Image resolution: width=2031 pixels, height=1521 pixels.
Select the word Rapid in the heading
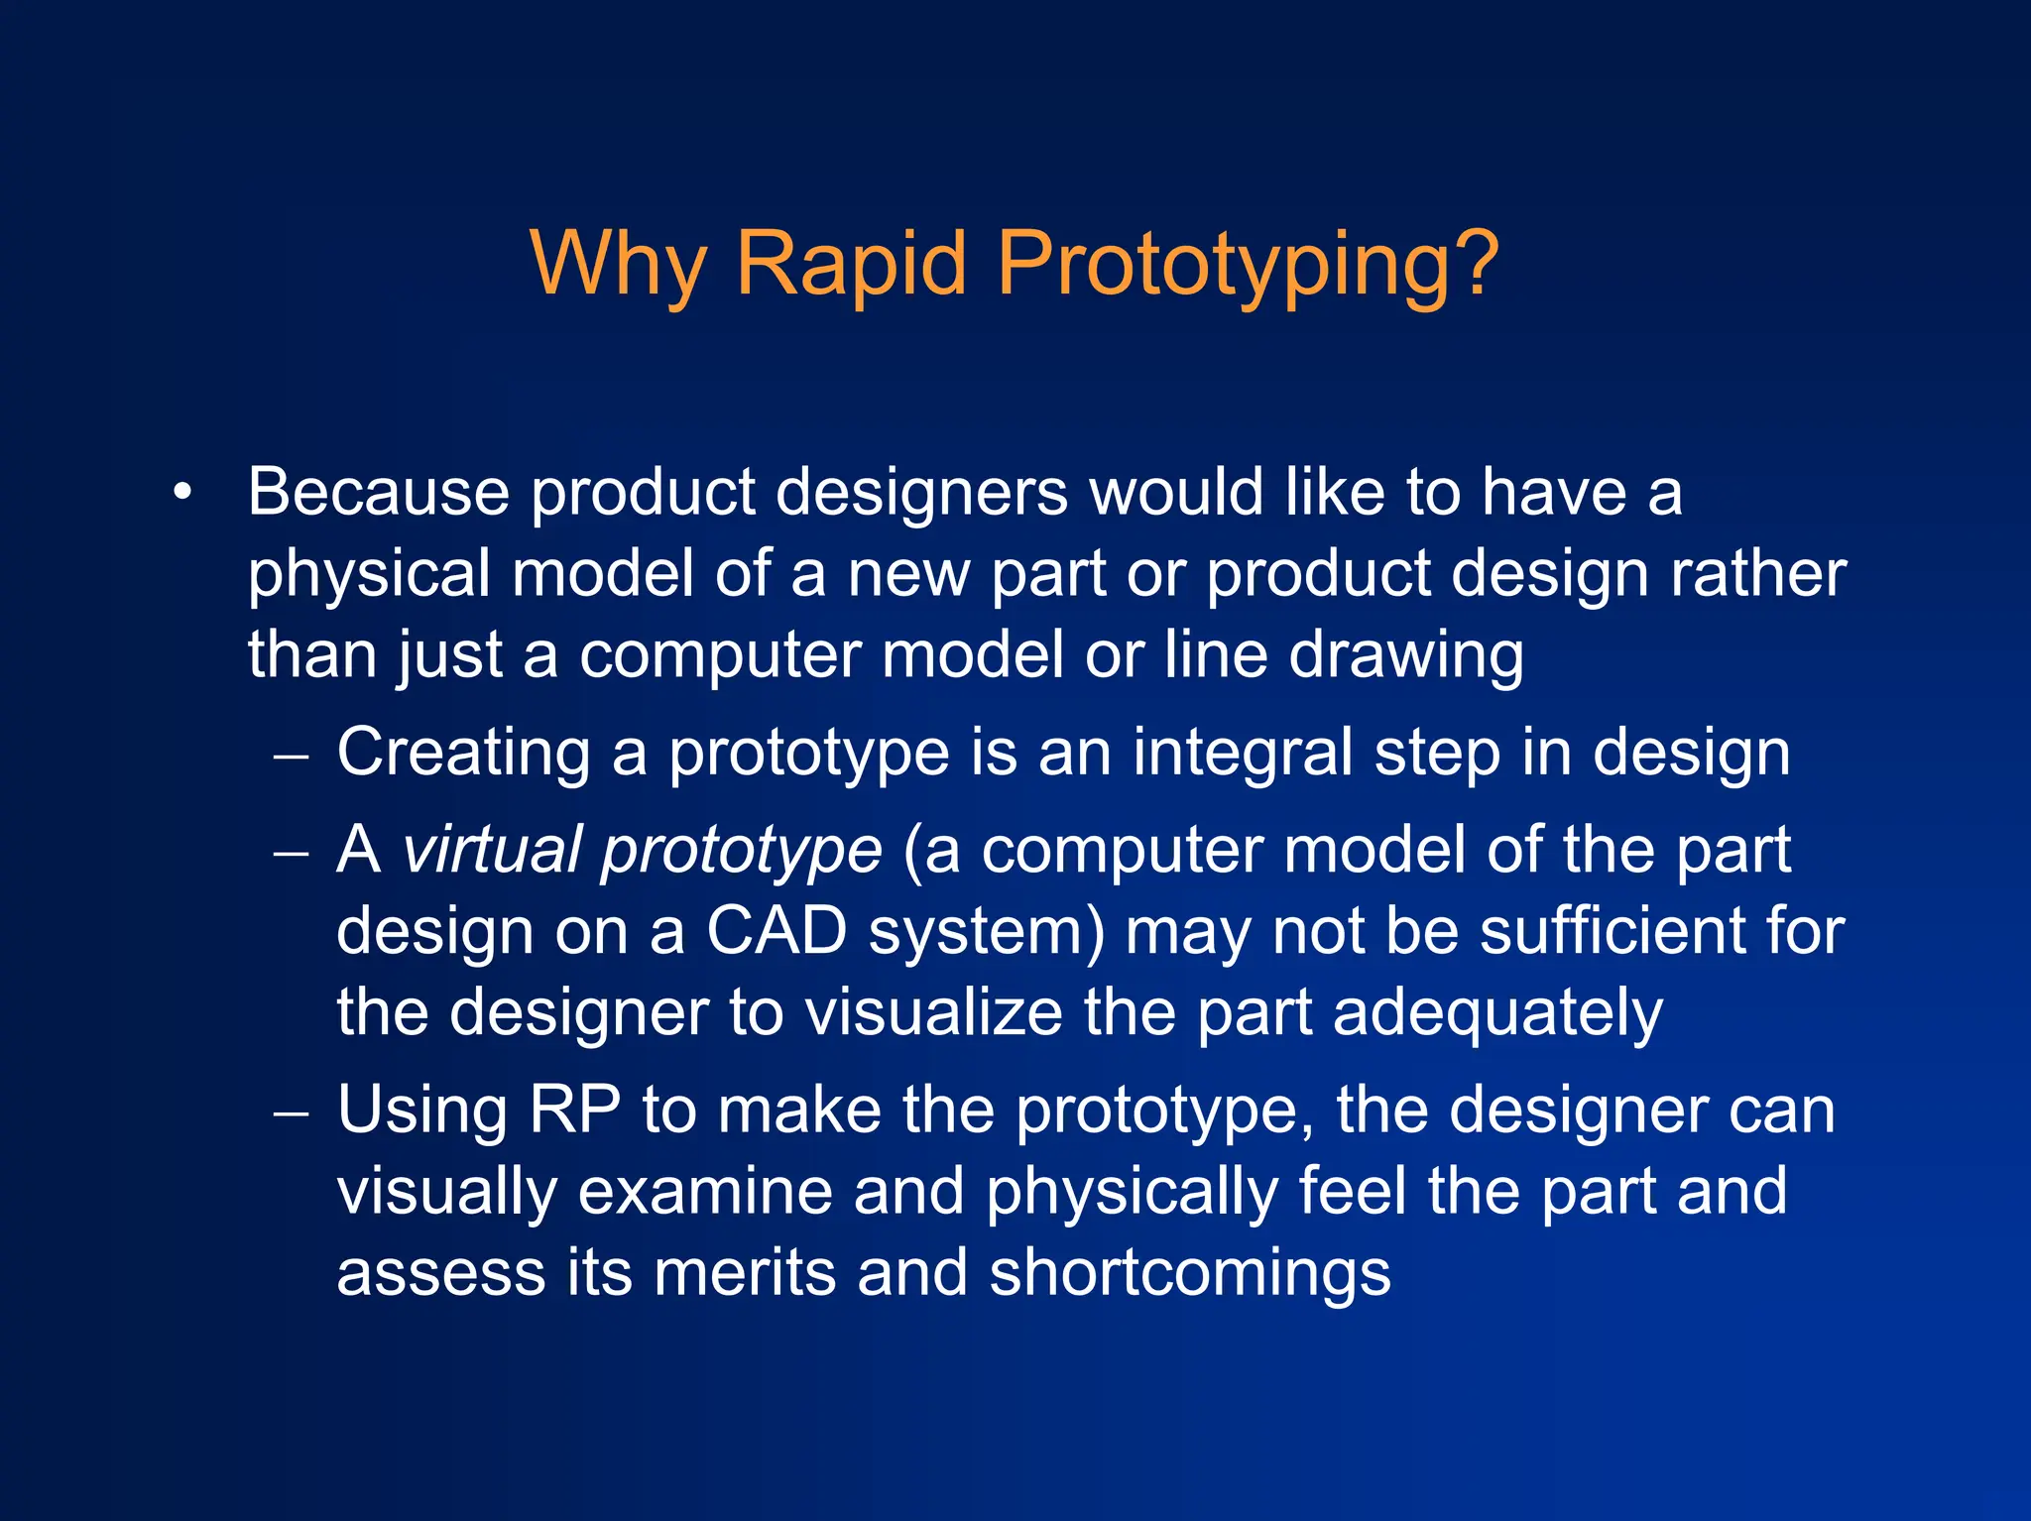pyautogui.click(x=850, y=264)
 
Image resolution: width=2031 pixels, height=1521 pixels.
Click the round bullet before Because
pyautogui.click(x=181, y=492)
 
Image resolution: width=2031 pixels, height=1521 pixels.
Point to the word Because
pyautogui.click(x=379, y=492)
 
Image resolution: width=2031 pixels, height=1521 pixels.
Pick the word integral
pyautogui.click(x=1243, y=752)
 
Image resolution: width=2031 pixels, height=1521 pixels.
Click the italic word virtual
pyautogui.click(x=491, y=851)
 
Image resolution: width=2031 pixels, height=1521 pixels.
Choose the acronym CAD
pyautogui.click(x=776, y=932)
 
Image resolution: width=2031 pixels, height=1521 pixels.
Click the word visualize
pyautogui.click(x=933, y=1012)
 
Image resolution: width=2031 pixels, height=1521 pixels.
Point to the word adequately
pyautogui.click(x=1497, y=1014)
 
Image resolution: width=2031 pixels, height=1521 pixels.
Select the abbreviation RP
pyautogui.click(x=574, y=1110)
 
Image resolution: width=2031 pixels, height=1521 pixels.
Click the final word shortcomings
pyautogui.click(x=1190, y=1274)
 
